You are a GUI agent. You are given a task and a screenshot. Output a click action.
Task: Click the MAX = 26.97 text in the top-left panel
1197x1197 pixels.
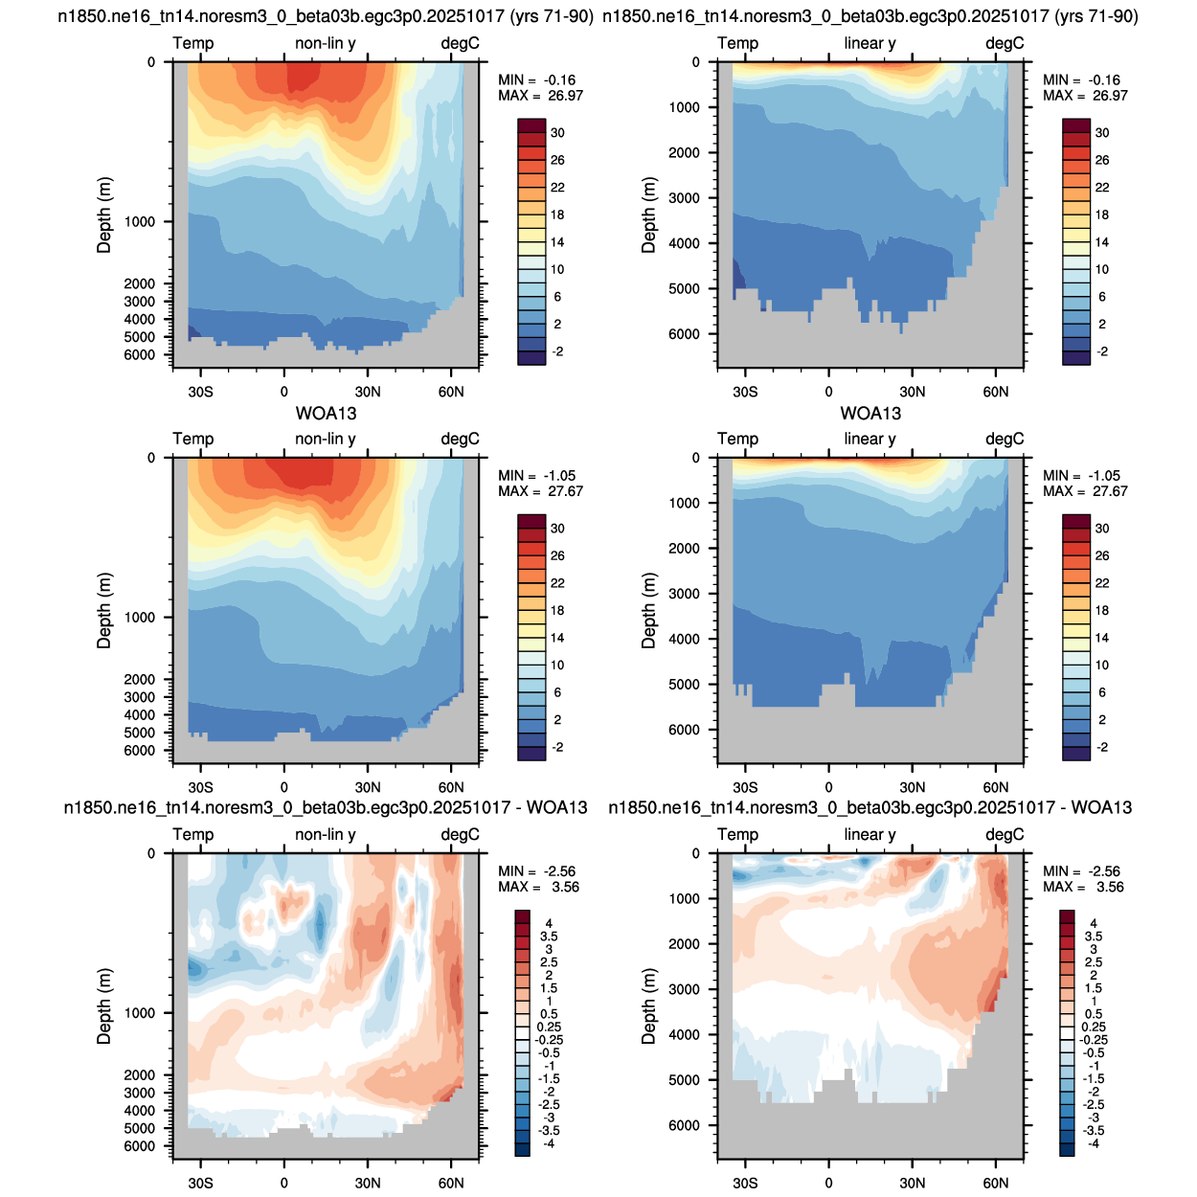click(x=540, y=96)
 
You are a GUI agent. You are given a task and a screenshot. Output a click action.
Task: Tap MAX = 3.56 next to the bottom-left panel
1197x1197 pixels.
click(x=538, y=887)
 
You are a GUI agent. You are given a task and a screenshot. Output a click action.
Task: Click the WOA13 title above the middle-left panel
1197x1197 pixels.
click(x=327, y=413)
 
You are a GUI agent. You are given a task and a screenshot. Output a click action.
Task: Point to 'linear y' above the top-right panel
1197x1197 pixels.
click(x=870, y=43)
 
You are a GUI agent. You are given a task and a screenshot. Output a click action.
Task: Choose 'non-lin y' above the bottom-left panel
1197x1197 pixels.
click(x=326, y=834)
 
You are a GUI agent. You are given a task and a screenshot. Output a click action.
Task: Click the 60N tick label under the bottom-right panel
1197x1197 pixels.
click(x=996, y=1183)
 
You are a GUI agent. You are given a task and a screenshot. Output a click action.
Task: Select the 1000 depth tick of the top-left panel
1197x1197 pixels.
click(x=140, y=222)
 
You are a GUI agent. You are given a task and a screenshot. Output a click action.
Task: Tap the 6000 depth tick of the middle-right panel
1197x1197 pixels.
click(x=684, y=730)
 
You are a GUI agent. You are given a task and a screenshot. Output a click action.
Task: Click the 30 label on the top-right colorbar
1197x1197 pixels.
click(x=1102, y=133)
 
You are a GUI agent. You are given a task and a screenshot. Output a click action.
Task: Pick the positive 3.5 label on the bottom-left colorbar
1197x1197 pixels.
click(x=549, y=937)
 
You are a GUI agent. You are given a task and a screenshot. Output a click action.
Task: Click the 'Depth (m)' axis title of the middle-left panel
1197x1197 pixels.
click(x=103, y=611)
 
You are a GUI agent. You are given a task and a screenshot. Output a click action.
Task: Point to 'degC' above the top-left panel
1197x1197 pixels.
click(x=460, y=43)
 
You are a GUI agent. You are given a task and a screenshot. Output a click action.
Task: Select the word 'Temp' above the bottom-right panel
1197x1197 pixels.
click(x=738, y=834)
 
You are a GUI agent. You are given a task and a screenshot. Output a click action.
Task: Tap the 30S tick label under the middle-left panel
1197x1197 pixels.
click(x=201, y=787)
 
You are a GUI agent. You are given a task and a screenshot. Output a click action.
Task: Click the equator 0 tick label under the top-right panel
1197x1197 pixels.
click(x=828, y=392)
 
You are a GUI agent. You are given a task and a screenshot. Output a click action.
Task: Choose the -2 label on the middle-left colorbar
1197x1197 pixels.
click(x=557, y=747)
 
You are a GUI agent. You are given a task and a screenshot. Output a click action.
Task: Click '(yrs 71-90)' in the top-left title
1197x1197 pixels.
click(x=552, y=16)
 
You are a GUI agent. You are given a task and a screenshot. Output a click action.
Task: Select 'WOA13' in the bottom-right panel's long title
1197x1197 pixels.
click(x=1101, y=807)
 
